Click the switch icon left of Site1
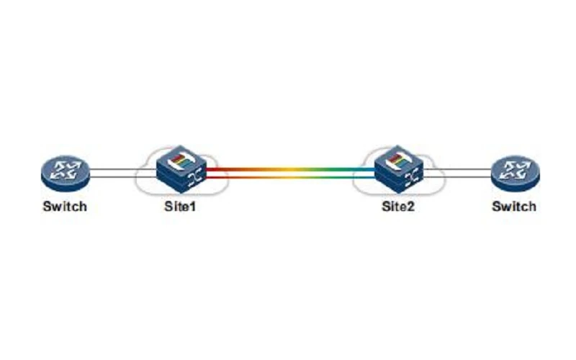click(65, 174)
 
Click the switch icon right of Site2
click(516, 174)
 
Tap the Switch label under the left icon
click(65, 207)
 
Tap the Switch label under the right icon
click(514, 207)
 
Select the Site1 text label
click(180, 207)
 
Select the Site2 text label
click(398, 207)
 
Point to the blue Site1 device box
click(181, 169)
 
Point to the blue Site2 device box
click(399, 169)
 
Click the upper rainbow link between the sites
click(291, 169)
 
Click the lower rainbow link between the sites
click(291, 177)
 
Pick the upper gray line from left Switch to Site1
click(122, 169)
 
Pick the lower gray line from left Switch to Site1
click(122, 177)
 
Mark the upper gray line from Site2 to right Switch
click(458, 169)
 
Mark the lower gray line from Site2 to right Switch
click(458, 177)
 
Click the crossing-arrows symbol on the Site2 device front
click(413, 179)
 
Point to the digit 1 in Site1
click(192, 206)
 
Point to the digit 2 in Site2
click(410, 206)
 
